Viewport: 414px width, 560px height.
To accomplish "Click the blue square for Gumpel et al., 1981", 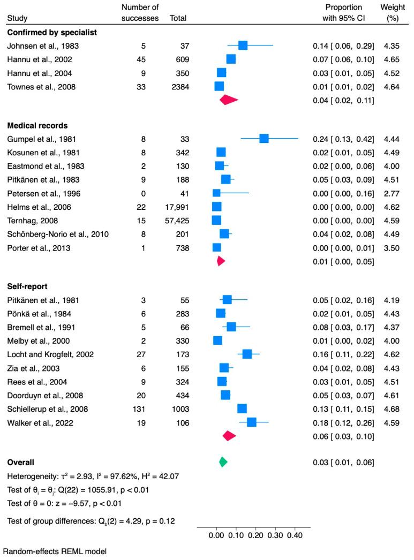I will coord(264,138).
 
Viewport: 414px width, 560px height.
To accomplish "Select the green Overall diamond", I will coord(223,462).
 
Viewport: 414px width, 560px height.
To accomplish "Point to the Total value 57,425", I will coord(177,220).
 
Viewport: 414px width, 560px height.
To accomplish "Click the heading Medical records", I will coord(37,126).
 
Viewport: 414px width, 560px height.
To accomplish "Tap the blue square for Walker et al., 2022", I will coord(251,422).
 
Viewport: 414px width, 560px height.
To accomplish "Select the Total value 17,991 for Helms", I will coord(177,206).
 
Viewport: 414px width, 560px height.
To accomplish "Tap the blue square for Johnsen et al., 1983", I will coord(243,46).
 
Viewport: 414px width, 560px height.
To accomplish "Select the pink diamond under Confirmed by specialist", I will coord(229,100).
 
